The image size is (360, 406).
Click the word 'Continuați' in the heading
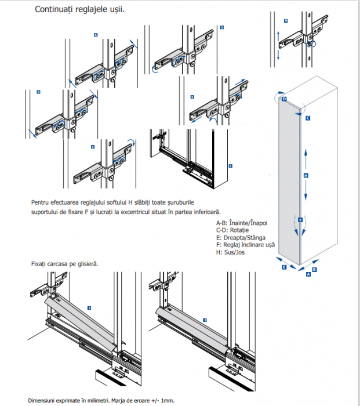[54, 10]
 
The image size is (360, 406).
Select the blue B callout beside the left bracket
[38, 92]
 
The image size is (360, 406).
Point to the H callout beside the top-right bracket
[285, 21]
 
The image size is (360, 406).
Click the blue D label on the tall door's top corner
[284, 99]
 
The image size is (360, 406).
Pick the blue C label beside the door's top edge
[308, 118]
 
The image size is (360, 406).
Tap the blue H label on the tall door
[305, 175]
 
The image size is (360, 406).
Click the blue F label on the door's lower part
[300, 221]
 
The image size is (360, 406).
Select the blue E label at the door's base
[284, 269]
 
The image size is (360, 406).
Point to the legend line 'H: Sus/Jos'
[231, 252]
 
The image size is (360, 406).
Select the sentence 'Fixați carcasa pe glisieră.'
[65, 264]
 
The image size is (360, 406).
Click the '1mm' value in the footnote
[169, 400]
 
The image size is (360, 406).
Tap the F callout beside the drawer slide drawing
[230, 165]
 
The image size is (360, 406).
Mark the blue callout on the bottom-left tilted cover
[89, 307]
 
